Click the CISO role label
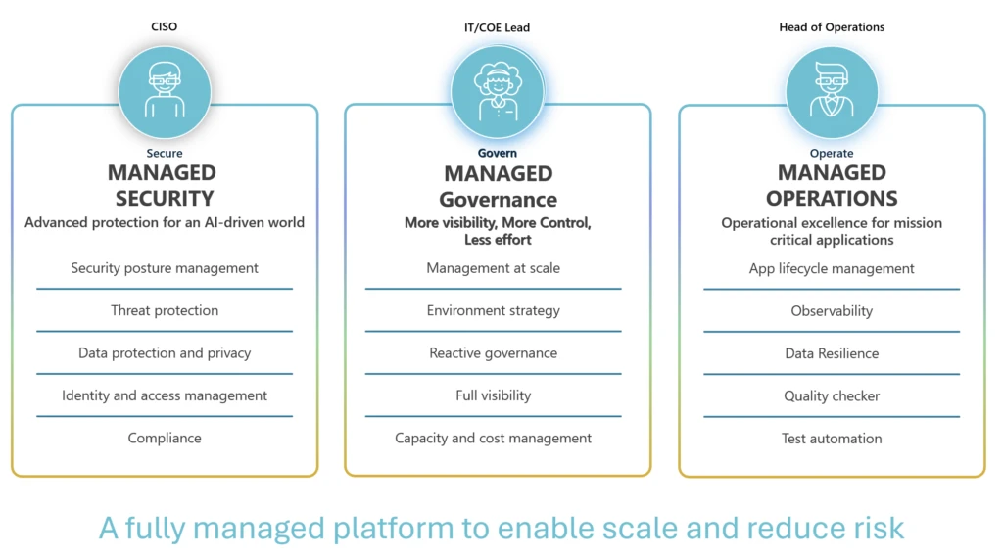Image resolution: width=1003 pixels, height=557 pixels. click(x=165, y=26)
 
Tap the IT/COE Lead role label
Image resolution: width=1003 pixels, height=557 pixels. click(x=497, y=27)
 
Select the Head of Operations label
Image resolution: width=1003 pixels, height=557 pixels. click(x=831, y=27)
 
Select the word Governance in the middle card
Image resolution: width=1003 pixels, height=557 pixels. click(x=498, y=200)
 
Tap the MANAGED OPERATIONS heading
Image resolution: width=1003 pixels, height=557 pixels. click(x=832, y=185)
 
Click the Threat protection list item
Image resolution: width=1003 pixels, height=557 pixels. click(x=165, y=310)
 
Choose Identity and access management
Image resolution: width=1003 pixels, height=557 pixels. click(x=165, y=395)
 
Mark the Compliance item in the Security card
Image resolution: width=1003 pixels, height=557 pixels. click(x=165, y=438)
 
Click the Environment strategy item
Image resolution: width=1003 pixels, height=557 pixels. click(x=494, y=310)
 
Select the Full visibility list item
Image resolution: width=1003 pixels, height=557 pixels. click(x=494, y=395)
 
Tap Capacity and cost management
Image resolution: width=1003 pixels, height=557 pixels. click(x=494, y=438)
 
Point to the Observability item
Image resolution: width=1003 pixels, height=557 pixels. click(x=832, y=311)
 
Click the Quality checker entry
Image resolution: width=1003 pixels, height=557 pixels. click(x=832, y=396)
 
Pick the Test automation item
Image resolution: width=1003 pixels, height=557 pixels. click(x=832, y=439)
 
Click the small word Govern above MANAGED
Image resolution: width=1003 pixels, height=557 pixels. click(x=498, y=153)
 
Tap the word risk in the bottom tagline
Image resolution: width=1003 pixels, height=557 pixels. click(x=876, y=528)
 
